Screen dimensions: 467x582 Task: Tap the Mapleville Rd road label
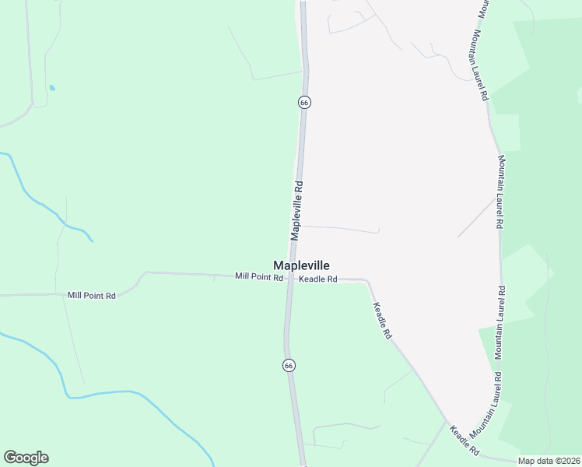point(297,211)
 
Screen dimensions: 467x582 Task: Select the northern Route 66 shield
point(304,102)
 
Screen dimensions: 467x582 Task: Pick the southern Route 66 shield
point(289,365)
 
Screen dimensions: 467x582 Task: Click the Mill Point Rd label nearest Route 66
point(259,276)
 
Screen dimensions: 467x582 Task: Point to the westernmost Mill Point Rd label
point(91,295)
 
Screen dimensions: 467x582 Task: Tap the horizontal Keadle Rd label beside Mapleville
point(318,279)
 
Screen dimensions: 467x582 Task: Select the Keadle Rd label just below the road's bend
point(382,321)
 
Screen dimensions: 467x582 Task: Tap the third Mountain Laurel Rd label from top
point(502,323)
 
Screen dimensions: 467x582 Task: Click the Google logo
point(26,458)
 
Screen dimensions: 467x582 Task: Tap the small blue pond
point(51,88)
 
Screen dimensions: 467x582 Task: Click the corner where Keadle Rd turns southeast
point(367,280)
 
